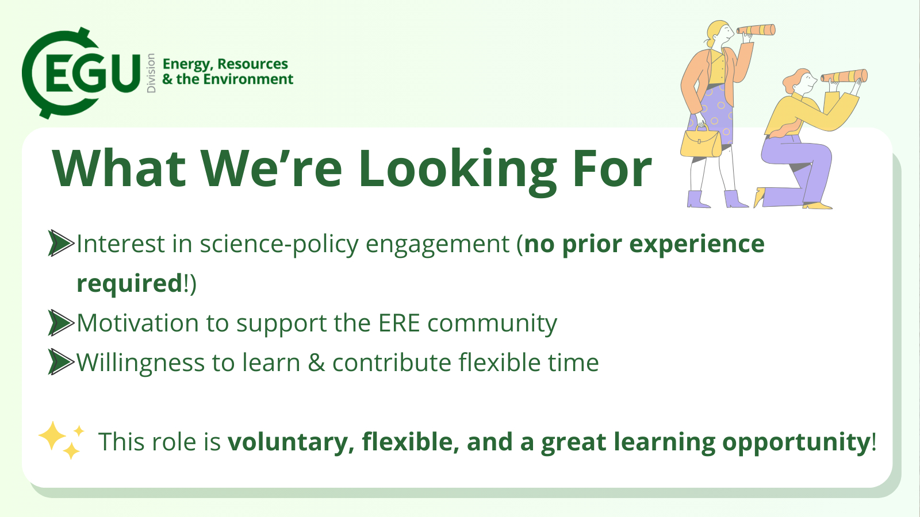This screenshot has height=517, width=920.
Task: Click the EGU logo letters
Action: coord(93,74)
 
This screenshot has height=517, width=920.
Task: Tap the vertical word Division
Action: coord(151,73)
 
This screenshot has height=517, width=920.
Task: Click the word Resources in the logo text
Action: coord(252,64)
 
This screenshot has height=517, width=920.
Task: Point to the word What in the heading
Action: coord(118,168)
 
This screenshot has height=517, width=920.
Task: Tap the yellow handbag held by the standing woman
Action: coord(701,141)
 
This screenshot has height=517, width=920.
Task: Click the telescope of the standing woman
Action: coord(756,30)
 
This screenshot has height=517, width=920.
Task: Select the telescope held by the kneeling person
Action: coord(844,76)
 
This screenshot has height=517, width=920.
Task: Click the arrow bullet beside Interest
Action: coord(61,244)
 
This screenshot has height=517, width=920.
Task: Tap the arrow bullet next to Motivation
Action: coord(61,322)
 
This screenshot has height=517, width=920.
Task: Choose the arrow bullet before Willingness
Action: coord(61,362)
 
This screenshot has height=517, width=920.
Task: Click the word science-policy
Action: coord(279,245)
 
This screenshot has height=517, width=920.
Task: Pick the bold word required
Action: coord(129,284)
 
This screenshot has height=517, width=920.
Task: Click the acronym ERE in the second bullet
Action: coord(399,323)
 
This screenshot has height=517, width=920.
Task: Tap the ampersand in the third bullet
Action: coord(316,362)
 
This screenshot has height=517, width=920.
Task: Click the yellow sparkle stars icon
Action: coord(62,440)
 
